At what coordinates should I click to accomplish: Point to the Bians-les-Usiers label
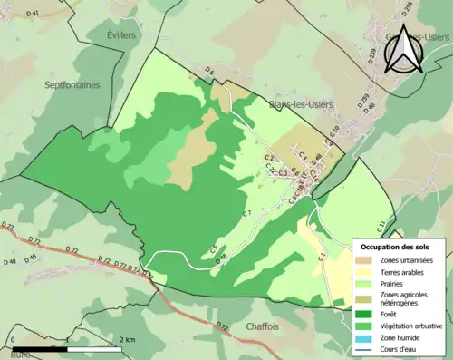[301, 104]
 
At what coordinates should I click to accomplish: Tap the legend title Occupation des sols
[399, 247]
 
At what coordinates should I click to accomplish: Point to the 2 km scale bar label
[128, 339]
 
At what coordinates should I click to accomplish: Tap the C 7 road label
[246, 212]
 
